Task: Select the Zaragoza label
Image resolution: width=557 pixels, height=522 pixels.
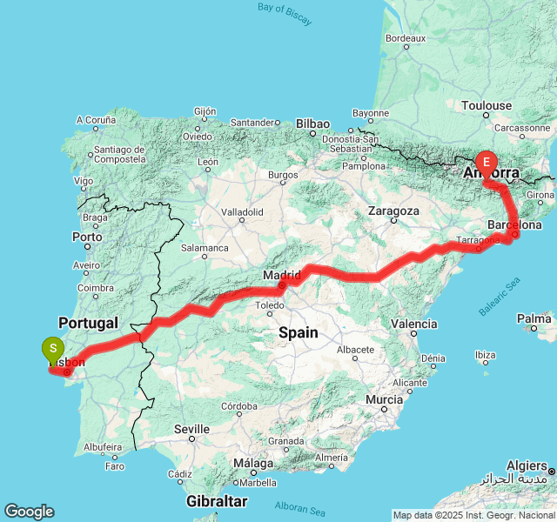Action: click(x=393, y=211)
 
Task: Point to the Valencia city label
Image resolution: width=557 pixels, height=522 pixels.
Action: click(x=413, y=324)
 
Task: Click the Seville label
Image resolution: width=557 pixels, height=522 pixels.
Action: click(x=191, y=429)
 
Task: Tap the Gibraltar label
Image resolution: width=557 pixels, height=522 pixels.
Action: click(x=217, y=501)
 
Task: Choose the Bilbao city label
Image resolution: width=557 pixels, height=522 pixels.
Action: click(x=312, y=124)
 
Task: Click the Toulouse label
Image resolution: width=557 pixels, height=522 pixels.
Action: click(x=487, y=105)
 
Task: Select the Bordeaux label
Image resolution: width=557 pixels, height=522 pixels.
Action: click(x=405, y=38)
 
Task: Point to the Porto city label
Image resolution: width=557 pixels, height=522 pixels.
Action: click(x=87, y=237)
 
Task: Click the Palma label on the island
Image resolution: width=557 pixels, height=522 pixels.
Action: click(x=534, y=319)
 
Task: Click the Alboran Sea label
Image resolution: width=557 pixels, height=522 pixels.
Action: click(x=300, y=505)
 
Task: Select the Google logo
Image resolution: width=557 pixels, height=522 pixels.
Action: click(x=29, y=512)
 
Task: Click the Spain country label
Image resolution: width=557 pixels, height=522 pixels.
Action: click(x=298, y=332)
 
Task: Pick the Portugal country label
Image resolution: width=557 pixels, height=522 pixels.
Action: click(x=87, y=323)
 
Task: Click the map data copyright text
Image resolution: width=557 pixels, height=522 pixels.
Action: click(x=473, y=515)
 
